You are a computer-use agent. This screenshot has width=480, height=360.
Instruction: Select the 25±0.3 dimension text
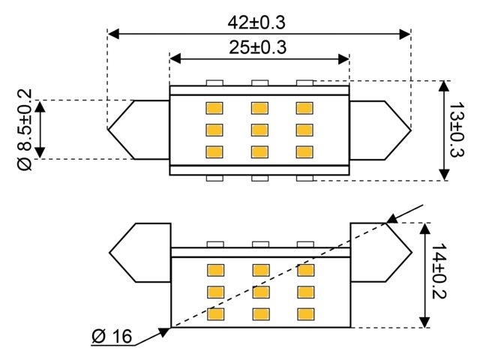click(x=257, y=47)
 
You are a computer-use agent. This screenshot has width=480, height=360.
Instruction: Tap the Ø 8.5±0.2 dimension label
click(x=23, y=128)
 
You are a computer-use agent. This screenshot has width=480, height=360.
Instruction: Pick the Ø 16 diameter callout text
click(x=112, y=336)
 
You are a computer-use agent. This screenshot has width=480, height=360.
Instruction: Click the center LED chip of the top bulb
click(x=259, y=128)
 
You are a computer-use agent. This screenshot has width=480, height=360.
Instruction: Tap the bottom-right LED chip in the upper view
click(x=304, y=150)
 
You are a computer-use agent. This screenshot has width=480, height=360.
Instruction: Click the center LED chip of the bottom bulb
click(x=259, y=291)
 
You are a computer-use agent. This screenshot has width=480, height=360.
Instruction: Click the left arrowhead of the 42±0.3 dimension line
click(x=113, y=34)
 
